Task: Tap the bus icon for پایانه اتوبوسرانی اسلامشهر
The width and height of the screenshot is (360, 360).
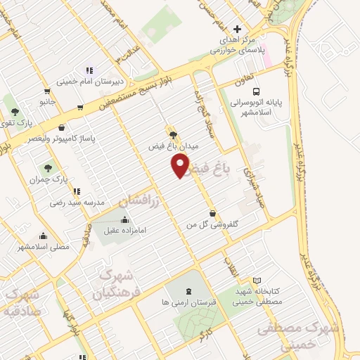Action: click(257, 91)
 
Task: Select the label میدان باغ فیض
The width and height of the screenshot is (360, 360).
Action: click(174, 146)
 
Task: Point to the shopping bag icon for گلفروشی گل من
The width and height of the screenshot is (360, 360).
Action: click(212, 213)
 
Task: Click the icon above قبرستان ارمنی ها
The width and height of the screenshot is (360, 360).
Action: click(188, 291)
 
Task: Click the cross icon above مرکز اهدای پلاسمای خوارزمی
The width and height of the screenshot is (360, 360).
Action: click(237, 30)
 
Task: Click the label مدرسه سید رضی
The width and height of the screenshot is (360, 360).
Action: click(77, 202)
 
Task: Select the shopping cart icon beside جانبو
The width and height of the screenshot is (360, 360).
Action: click(46, 90)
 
